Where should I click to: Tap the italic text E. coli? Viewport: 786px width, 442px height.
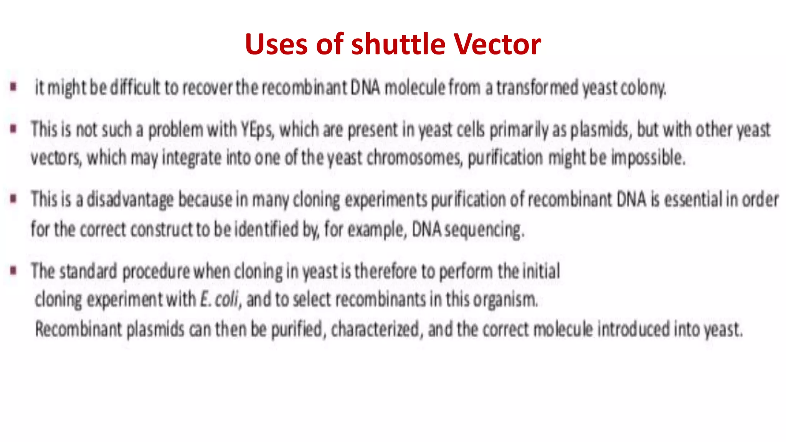click(x=220, y=299)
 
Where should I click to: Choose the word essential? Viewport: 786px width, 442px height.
click(x=693, y=200)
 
